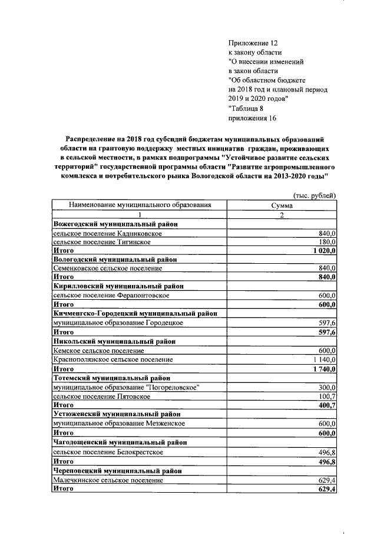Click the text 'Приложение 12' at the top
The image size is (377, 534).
coord(252,43)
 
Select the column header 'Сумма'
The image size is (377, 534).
coord(282,205)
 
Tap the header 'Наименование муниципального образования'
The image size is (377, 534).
coord(140,205)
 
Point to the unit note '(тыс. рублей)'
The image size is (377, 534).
coord(315,195)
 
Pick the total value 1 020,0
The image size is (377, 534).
coord(323,251)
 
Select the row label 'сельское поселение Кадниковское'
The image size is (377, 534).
coord(108,234)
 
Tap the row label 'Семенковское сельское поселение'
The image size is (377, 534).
coord(108,268)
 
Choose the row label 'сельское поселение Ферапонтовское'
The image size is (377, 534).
coord(111,295)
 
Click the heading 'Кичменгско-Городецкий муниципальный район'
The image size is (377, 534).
coord(135,313)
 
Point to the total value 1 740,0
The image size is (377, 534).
coord(323,369)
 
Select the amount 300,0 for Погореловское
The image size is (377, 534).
coord(326,387)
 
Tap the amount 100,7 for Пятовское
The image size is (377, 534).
coord(326,396)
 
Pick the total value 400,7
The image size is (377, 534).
coord(326,405)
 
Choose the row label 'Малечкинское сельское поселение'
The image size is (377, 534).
coord(108,481)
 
